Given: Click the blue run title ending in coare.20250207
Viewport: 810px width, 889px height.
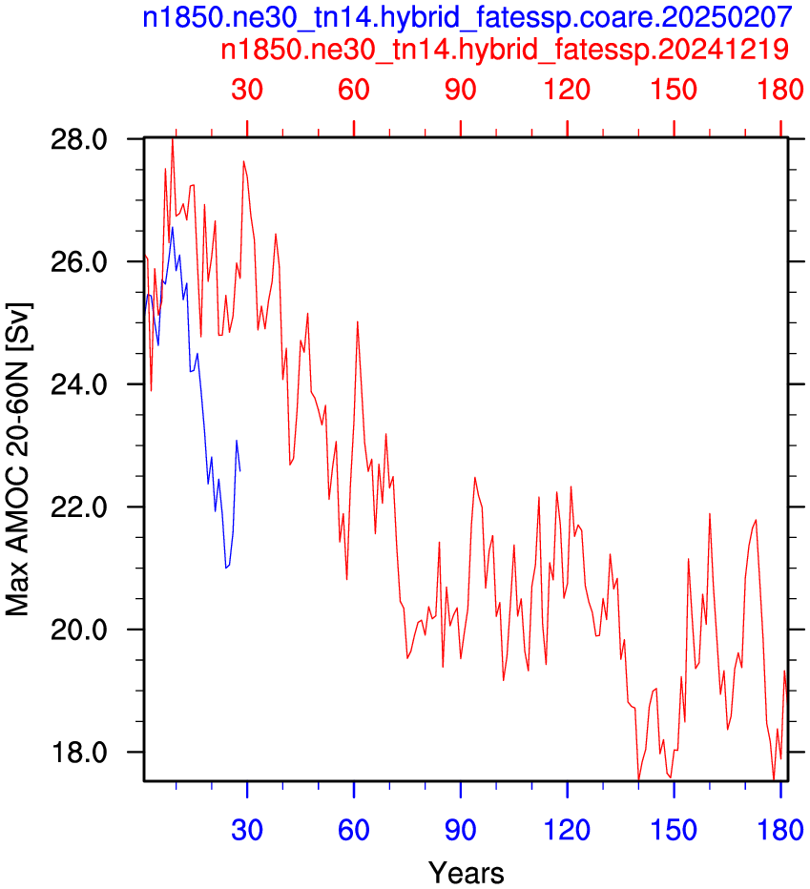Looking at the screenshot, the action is pos(467,17).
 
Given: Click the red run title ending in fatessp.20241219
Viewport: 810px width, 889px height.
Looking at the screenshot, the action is pos(505,49).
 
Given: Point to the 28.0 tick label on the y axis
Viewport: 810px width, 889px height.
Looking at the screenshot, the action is pos(79,139).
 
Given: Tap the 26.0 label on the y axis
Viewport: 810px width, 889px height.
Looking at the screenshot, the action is pos(79,262).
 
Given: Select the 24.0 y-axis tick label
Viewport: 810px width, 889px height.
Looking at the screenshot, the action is pos(79,384).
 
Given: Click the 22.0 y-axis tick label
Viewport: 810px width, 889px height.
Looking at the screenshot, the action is pos(79,507).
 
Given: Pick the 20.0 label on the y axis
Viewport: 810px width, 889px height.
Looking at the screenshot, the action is pos(79,630).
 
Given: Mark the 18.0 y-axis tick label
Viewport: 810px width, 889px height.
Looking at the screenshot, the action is pos(79,753).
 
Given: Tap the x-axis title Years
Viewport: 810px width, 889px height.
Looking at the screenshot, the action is pos(467,872).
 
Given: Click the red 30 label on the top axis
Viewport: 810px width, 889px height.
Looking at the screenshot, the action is pos(247,90).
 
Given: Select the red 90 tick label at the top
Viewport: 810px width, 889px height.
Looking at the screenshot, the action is pos(461,90).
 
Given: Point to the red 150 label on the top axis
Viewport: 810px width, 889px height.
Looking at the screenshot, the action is pos(674,90).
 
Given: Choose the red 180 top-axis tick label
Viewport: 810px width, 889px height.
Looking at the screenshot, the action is pos(780,90).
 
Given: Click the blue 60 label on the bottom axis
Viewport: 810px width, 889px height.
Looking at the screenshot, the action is pos(354,830).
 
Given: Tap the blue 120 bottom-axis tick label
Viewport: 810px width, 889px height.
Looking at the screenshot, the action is pos(568,830).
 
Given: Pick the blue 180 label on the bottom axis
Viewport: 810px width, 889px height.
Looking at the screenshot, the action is pos(780,830).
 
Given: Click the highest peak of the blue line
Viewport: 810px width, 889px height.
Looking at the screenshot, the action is pos(173,227).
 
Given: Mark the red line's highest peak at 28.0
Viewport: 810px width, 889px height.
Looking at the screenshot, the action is pos(173,139).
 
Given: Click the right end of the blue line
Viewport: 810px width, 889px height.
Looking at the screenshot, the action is pos(239,470).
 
